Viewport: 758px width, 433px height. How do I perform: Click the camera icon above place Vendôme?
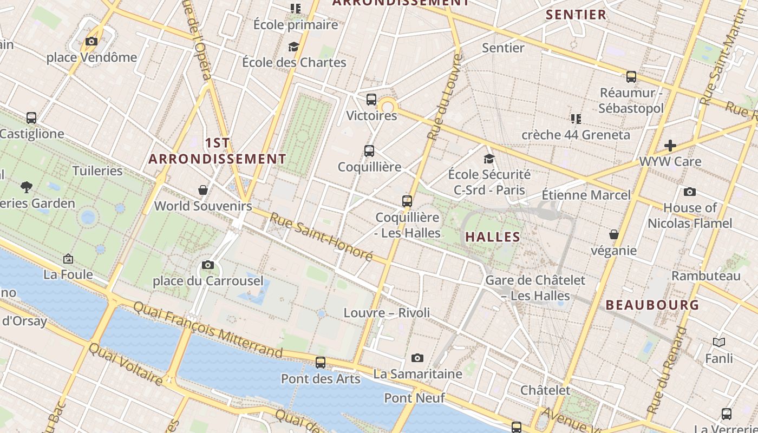tap(92, 41)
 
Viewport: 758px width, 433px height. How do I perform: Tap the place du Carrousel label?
tap(208, 281)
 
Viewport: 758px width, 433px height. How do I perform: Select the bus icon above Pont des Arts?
tap(321, 363)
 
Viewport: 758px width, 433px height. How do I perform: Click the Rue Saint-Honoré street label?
tap(322, 237)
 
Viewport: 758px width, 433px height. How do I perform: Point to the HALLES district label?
tap(493, 237)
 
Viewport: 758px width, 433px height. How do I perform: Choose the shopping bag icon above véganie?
tap(613, 234)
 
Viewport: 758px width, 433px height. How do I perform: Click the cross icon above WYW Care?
tap(670, 145)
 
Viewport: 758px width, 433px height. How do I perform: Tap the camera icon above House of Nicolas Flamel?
tap(690, 192)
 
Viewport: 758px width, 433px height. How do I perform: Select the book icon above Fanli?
tap(719, 342)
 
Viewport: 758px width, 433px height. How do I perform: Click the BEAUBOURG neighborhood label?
tap(652, 305)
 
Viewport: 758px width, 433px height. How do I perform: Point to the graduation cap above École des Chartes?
tap(293, 47)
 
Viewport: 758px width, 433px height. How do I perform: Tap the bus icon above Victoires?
tap(371, 100)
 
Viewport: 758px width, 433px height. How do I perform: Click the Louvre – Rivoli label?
tap(387, 313)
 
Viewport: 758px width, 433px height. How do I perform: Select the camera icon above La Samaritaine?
tap(417, 358)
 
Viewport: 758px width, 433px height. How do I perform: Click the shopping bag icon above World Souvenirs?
tap(203, 190)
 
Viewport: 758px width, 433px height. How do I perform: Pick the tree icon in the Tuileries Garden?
tap(26, 187)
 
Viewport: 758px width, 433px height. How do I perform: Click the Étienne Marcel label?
tap(586, 195)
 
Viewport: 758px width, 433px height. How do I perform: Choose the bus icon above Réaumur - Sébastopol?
tap(631, 77)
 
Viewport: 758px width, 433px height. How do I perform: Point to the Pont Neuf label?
tap(414, 398)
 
